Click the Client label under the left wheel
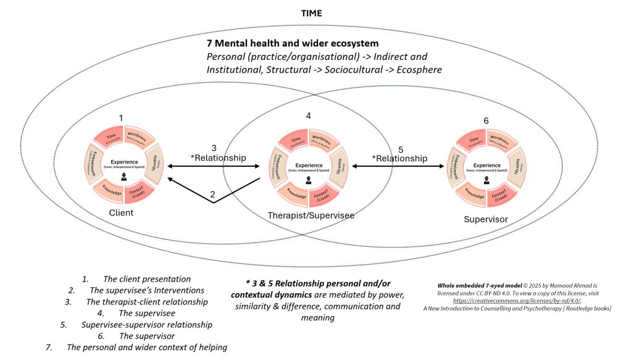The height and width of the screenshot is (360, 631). coord(121,212)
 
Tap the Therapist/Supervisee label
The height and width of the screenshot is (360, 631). coord(303,215)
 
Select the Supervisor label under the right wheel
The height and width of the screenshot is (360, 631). coord(485,219)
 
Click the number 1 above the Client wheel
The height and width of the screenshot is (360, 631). coord(121,118)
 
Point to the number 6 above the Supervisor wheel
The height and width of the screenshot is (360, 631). coord(485,122)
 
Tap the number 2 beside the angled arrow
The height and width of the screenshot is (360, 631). coord(212,195)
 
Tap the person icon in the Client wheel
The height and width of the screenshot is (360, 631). coord(125,177)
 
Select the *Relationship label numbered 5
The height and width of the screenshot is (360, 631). coord(399,158)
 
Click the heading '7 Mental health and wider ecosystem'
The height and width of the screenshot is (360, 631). coord(292,44)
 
